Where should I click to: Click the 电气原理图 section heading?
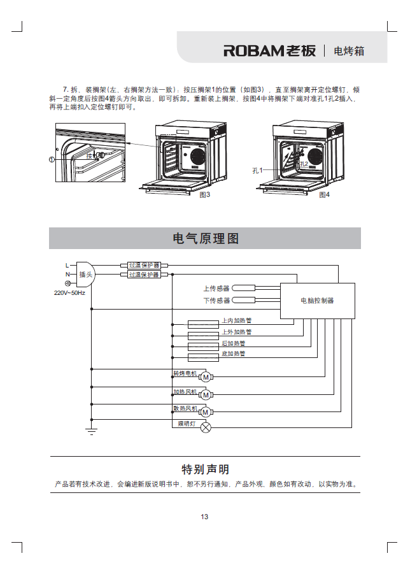(x=205, y=239)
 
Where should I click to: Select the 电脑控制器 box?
(x=317, y=300)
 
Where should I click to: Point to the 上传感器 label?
(x=216, y=289)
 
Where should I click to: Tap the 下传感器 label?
(x=216, y=300)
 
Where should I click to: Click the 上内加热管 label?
(x=236, y=321)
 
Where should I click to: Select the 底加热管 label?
(x=233, y=354)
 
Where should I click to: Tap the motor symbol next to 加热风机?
(x=206, y=395)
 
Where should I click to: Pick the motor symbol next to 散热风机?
(x=206, y=412)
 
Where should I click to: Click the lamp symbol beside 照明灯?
(x=206, y=427)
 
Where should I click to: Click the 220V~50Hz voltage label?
(x=69, y=293)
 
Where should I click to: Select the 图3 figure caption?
(x=204, y=194)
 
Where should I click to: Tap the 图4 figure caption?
(x=324, y=194)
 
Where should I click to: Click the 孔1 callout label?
(x=257, y=170)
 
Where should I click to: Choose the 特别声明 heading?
(x=205, y=469)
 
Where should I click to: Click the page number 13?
(x=204, y=517)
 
